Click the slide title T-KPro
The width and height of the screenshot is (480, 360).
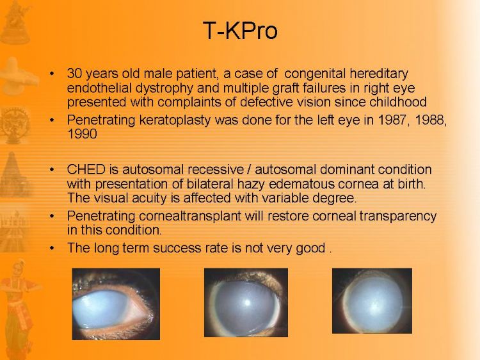(240, 31)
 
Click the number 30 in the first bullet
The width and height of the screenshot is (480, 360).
(75, 74)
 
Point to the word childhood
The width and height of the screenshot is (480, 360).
(398, 102)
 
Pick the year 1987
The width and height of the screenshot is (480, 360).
(393, 120)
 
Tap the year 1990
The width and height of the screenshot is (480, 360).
(82, 134)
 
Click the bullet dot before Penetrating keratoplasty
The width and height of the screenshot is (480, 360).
(52, 120)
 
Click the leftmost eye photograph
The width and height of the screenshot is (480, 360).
(116, 304)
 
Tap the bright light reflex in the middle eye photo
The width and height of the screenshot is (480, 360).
(247, 303)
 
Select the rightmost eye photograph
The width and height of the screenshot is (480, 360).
(372, 301)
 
